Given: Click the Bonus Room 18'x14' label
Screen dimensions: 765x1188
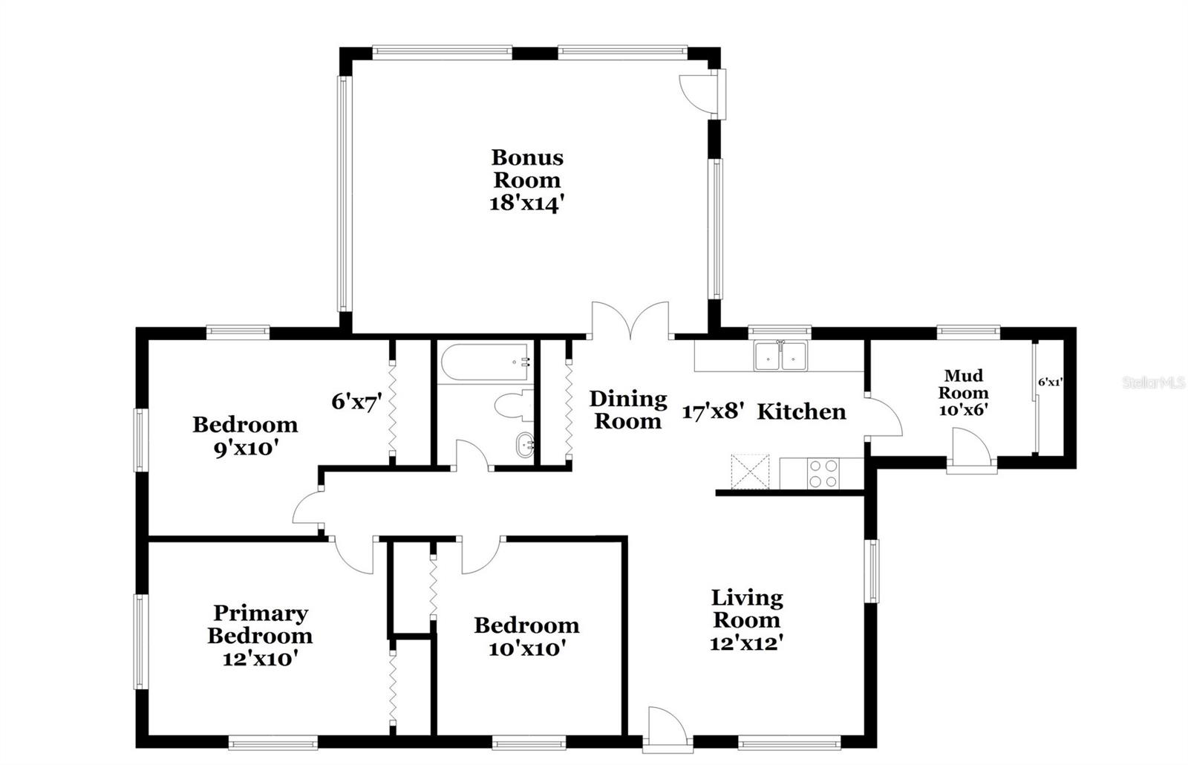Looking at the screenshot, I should tap(527, 180).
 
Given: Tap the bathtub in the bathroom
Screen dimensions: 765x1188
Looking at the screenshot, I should tap(485, 362).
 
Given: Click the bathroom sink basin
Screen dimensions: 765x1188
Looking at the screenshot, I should tap(524, 446).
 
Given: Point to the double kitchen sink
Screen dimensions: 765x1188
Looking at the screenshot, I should tap(780, 356).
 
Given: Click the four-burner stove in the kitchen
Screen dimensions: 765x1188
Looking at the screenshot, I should tap(823, 474).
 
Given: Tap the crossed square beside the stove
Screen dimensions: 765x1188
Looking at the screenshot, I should tap(750, 471).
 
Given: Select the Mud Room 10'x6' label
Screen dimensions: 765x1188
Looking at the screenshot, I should tap(965, 392).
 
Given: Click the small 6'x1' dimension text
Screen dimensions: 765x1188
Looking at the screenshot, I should tap(1050, 382).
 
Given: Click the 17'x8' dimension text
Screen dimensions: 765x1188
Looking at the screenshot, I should tap(713, 411).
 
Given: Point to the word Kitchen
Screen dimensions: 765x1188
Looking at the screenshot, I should tap(801, 411).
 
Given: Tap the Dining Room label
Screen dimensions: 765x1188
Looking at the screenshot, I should tap(628, 410).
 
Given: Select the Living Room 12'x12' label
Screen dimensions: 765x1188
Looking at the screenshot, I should tap(746, 619).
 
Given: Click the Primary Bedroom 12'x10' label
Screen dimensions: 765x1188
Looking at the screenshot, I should tap(260, 635).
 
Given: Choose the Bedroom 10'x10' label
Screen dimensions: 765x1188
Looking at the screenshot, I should tap(526, 637).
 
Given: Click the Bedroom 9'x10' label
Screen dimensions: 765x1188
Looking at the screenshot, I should tap(245, 435).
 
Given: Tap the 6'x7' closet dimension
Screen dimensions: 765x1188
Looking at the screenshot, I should tap(356, 402).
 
